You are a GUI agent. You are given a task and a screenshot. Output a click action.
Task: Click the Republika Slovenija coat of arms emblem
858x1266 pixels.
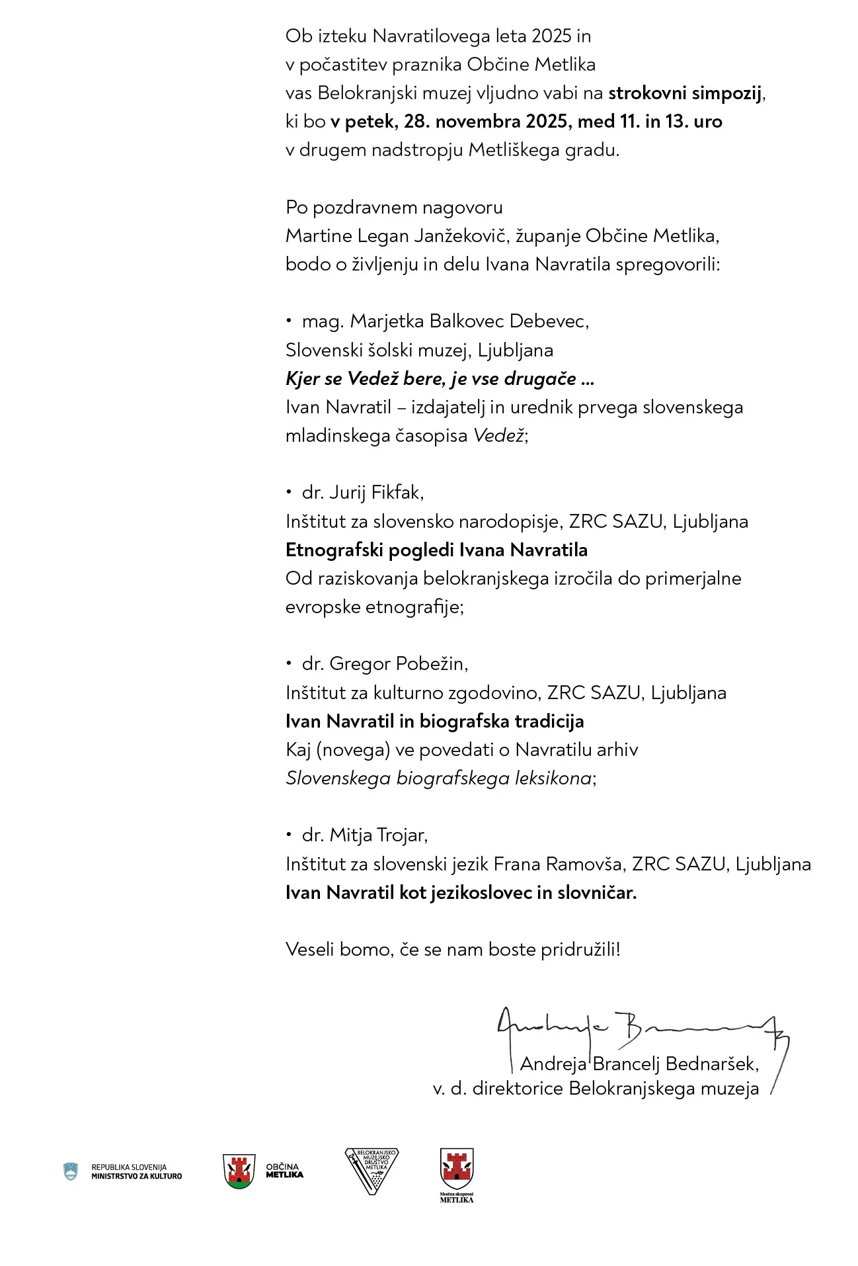click(x=71, y=1171)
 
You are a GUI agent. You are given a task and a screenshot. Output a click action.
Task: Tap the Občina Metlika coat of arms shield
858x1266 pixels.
click(x=239, y=1171)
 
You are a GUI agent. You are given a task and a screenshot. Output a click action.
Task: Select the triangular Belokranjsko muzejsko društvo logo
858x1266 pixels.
click(x=371, y=1170)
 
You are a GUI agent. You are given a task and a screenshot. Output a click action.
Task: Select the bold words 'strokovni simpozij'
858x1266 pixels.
click(x=685, y=93)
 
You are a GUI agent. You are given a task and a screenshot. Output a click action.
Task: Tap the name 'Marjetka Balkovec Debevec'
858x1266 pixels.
click(x=469, y=321)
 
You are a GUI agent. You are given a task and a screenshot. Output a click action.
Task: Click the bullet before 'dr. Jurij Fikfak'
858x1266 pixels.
click(x=289, y=491)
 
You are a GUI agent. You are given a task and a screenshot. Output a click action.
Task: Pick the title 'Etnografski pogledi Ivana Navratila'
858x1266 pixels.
click(x=436, y=550)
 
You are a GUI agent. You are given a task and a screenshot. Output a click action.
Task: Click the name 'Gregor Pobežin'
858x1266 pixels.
click(x=397, y=663)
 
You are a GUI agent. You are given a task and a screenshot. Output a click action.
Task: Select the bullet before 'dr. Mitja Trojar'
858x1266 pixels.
click(x=289, y=834)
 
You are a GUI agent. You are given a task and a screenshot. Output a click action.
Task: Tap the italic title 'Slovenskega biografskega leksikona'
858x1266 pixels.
click(x=438, y=779)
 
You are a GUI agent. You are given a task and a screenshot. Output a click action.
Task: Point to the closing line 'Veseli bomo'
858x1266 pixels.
click(x=453, y=950)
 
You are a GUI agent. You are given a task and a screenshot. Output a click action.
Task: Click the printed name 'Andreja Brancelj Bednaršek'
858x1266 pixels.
click(x=639, y=1064)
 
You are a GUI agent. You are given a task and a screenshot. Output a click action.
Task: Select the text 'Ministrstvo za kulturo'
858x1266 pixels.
click(x=136, y=1176)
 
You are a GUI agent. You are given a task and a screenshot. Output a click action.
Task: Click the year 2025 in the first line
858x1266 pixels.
click(x=551, y=36)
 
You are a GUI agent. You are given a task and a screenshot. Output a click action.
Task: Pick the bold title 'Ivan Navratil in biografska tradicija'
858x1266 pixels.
click(x=434, y=722)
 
